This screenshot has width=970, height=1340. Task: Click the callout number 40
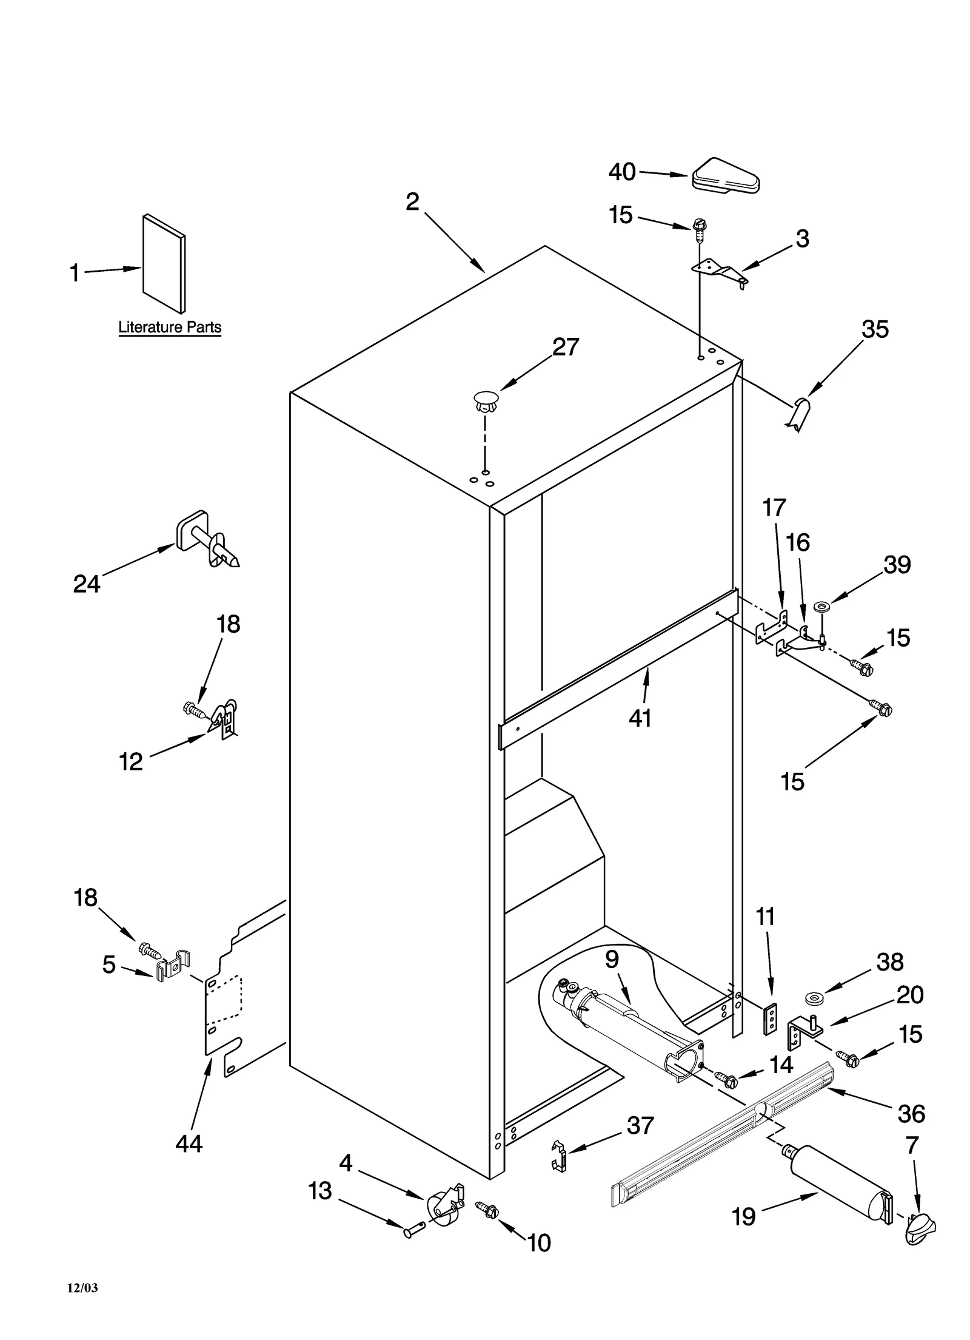coord(622,172)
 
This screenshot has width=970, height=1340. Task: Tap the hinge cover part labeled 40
coord(725,178)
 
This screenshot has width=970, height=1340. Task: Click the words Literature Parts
coord(170,328)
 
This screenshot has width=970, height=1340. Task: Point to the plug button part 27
coord(484,401)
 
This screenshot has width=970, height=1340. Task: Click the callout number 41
coord(640,718)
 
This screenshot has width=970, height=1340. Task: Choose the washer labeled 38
coord(811,997)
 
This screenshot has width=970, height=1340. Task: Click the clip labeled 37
coord(559,1155)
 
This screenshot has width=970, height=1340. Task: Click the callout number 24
coord(87,584)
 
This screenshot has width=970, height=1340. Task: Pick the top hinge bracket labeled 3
coord(720,271)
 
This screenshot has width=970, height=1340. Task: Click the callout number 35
coord(875,329)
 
